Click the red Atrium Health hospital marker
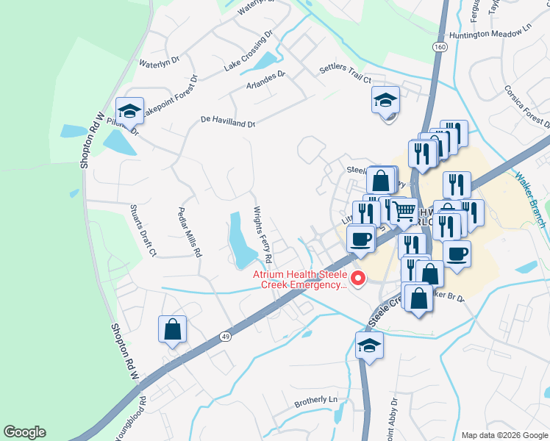359,278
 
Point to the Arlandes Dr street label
266,75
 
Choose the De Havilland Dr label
228,122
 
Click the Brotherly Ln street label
315,401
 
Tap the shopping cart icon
403,211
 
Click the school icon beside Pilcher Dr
130,111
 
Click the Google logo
24,432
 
